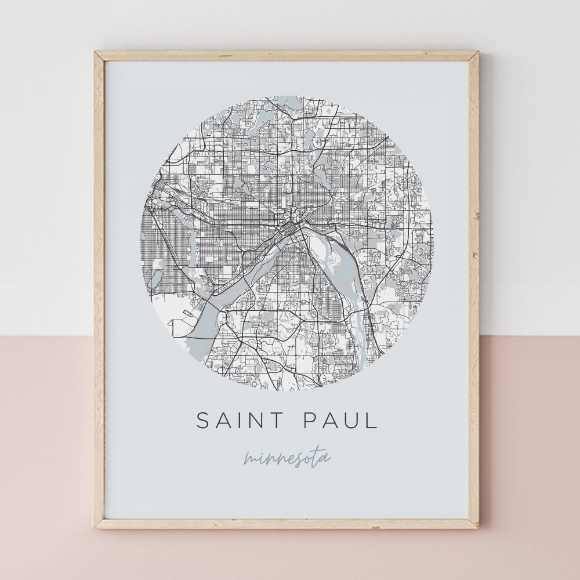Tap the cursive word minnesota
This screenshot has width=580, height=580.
coord(287,458)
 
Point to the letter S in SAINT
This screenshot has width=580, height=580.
coord(202,420)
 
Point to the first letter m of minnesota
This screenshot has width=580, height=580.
coord(251,459)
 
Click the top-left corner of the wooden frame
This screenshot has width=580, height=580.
coord(96,53)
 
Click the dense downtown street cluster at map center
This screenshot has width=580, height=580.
coord(288,223)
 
